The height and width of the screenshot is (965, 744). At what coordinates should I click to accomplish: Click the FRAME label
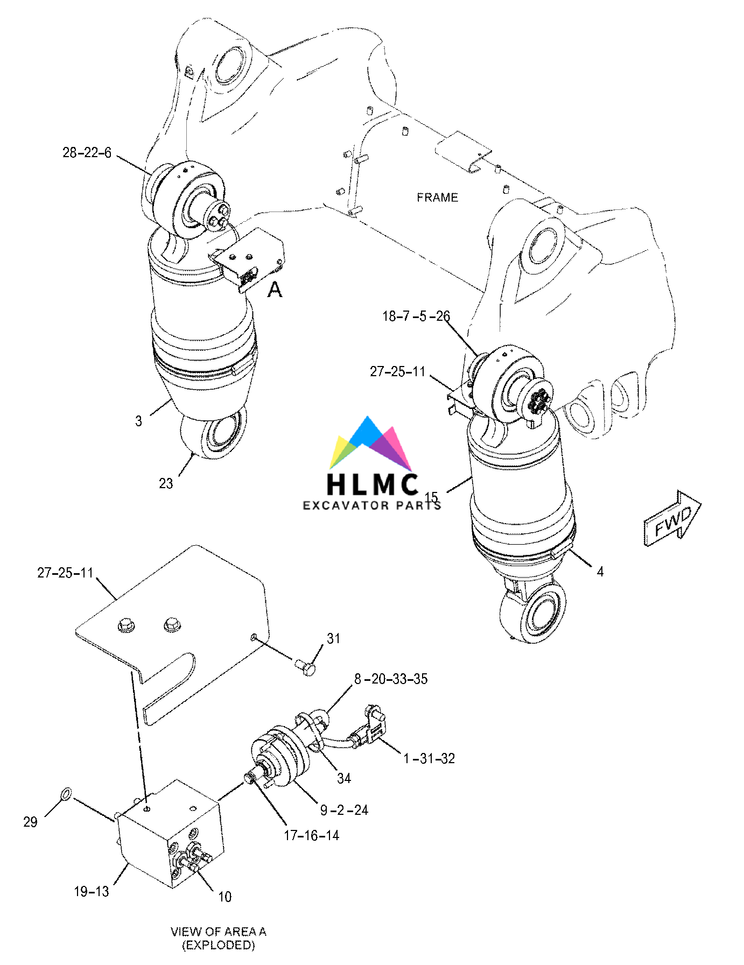click(437, 198)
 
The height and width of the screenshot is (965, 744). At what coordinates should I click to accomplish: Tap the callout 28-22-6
click(87, 153)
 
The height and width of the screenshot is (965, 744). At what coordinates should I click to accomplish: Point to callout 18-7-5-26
click(416, 316)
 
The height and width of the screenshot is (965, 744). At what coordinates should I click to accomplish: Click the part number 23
click(166, 483)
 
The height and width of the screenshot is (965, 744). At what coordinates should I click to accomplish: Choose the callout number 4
click(600, 572)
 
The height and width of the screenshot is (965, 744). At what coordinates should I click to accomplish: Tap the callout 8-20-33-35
click(391, 679)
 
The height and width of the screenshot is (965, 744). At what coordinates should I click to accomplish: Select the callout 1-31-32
click(429, 758)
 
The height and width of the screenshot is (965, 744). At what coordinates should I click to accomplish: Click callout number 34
click(344, 778)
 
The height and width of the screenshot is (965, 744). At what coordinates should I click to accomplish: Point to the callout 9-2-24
click(344, 810)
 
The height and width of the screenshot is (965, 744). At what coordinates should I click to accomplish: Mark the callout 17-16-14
click(311, 835)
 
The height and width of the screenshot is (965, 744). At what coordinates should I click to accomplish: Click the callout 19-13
click(91, 891)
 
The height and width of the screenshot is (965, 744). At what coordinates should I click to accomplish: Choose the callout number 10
click(224, 897)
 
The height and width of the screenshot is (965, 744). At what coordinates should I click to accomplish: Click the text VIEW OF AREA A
click(218, 932)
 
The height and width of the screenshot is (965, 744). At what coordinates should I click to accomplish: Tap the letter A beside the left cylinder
click(275, 290)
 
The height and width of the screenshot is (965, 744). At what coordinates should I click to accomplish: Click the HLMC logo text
click(373, 483)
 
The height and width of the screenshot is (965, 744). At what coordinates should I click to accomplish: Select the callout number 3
click(138, 421)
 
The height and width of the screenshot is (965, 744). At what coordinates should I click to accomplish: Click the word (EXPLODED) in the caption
click(218, 945)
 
